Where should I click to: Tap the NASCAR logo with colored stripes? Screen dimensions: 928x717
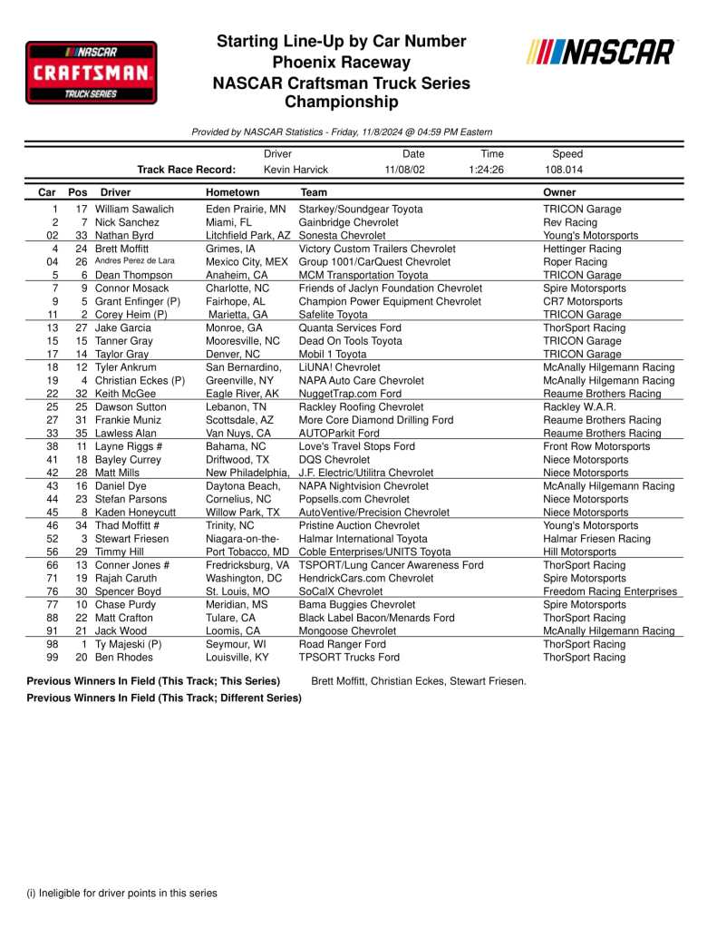tap(600, 53)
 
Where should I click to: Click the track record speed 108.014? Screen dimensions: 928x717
tap(564, 170)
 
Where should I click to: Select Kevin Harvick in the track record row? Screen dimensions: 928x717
tap(296, 170)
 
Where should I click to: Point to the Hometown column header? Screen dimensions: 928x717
tap(232, 192)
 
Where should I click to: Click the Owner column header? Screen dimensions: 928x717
tap(559, 192)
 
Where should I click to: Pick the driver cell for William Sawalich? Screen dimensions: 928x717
tap(134, 210)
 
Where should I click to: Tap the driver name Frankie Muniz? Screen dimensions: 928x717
tap(127, 420)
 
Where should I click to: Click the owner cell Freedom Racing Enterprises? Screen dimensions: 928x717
tap(609, 591)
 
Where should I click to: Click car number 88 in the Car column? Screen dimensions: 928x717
tap(54, 618)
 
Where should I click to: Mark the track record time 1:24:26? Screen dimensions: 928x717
tap(487, 170)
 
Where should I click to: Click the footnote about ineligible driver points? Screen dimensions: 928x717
tap(121, 894)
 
